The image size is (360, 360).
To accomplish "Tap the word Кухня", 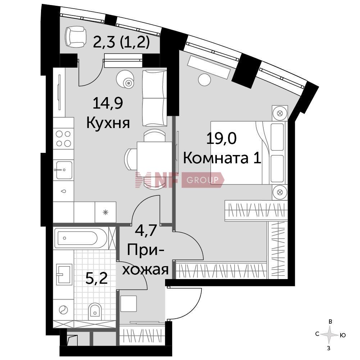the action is (x=108, y=123).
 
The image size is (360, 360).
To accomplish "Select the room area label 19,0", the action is (x=221, y=139).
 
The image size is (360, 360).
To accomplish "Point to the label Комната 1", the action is (x=222, y=158).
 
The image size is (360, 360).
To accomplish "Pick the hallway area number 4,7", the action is (x=146, y=231).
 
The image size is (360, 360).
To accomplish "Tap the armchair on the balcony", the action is (x=76, y=36).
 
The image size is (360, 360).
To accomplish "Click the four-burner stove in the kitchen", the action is (x=64, y=139).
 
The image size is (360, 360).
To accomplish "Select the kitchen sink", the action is (x=64, y=170).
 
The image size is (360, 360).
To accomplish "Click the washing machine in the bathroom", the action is (x=64, y=310).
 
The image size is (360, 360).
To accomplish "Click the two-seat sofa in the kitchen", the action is (x=154, y=98).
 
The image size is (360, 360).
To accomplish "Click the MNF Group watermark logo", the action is (x=179, y=180).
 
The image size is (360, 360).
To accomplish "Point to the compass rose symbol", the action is (x=329, y=335).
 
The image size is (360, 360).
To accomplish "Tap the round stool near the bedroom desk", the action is (x=204, y=80).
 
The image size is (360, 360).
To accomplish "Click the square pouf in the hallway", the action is (x=129, y=304).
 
